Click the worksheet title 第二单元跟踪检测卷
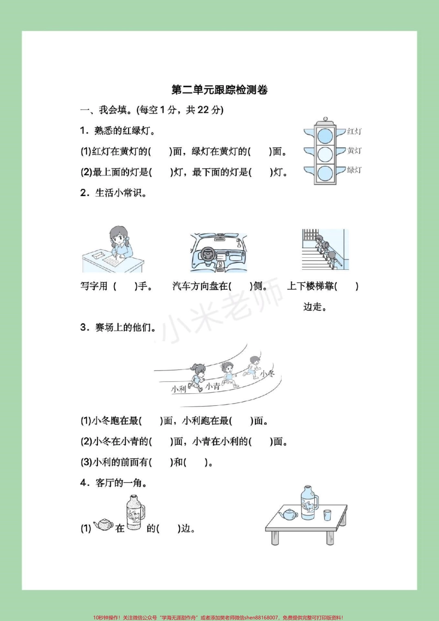[219, 90]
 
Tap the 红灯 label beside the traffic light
[354, 131]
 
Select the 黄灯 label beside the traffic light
[354, 151]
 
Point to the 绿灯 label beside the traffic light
[354, 170]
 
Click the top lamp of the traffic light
[325, 135]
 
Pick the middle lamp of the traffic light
[325, 154]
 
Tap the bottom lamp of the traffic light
[325, 173]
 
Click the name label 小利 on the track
[178, 389]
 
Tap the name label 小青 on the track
[213, 386]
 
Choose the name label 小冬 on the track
[267, 373]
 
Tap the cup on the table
[327, 515]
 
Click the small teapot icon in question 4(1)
[104, 524]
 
